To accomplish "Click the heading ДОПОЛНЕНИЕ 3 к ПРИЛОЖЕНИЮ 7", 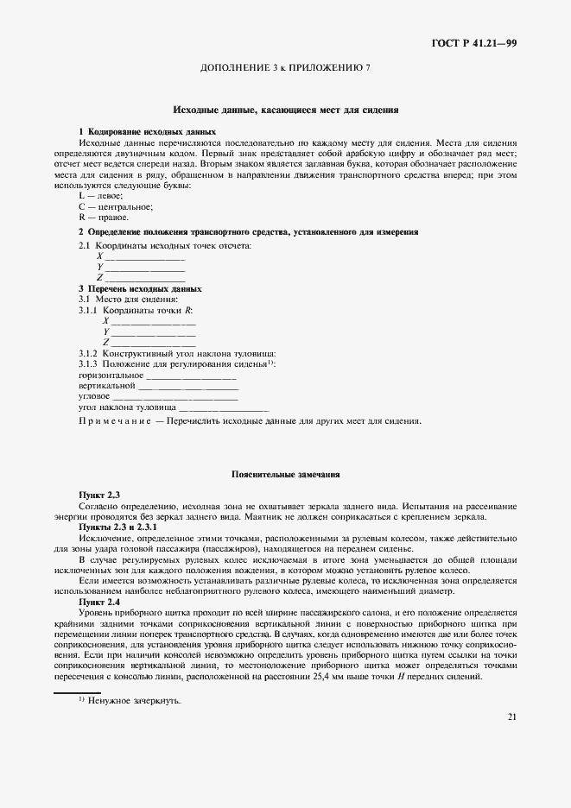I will click(x=285, y=67).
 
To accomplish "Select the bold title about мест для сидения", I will click(x=285, y=110).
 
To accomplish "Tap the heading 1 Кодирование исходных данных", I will click(x=147, y=130).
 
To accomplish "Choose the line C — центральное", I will click(x=116, y=206).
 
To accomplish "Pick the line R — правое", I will click(x=103, y=218).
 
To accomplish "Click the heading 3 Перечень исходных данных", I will click(x=140, y=288).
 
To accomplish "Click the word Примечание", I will click(x=114, y=421).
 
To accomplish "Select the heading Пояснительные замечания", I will click(x=285, y=474).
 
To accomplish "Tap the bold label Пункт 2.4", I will click(x=99, y=601).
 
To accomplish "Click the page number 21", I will click(x=512, y=741).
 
